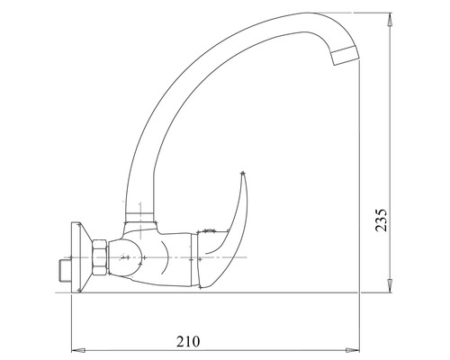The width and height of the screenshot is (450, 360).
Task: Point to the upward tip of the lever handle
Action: click(x=244, y=174)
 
